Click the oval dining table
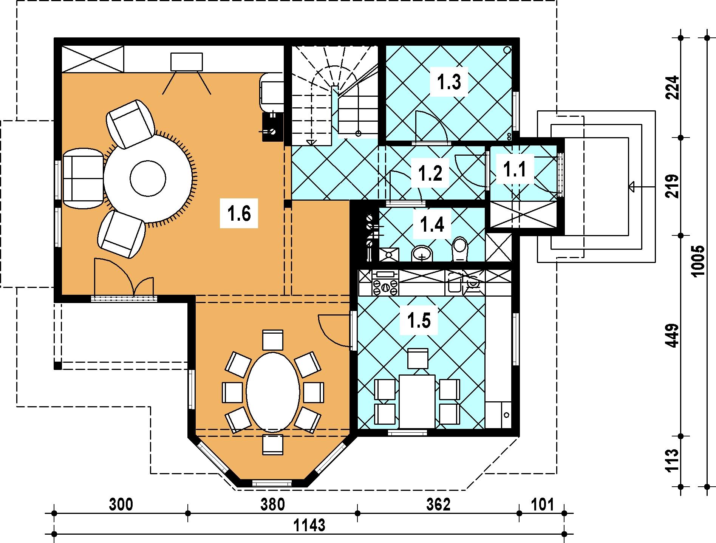click(x=273, y=392)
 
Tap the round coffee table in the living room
click(x=148, y=178)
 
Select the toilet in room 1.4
click(x=460, y=249)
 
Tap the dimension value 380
click(x=273, y=505)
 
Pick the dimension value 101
click(x=542, y=505)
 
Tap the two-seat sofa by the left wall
click(x=83, y=179)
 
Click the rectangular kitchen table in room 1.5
click(x=417, y=402)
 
